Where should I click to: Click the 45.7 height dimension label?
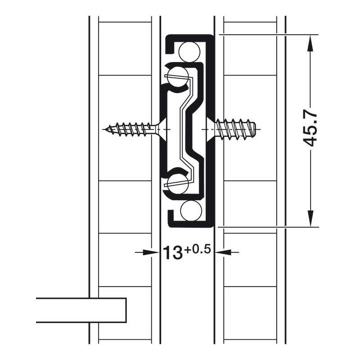[x=310, y=130]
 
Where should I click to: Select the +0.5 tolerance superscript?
[x=197, y=250]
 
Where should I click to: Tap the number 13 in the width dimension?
[x=173, y=252]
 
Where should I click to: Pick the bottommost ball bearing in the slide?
[x=191, y=210]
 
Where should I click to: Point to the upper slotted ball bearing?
[x=178, y=77]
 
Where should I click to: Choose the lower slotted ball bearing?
[x=178, y=184]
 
